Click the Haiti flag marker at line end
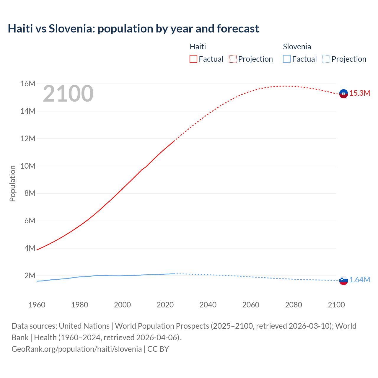pyautogui.click(x=343, y=94)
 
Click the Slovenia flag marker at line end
pyautogui.click(x=343, y=280)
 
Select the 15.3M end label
pyautogui.click(x=360, y=93)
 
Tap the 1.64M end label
pyautogui.click(x=360, y=280)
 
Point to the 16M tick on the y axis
pyautogui.click(x=28, y=84)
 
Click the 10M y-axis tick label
pyautogui.click(x=28, y=166)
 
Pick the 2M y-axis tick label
pyautogui.click(x=30, y=276)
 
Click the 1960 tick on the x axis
pyautogui.click(x=37, y=305)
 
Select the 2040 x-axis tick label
pyautogui.click(x=208, y=305)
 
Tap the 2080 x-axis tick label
pyautogui.click(x=294, y=305)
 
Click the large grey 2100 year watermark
pyautogui.click(x=68, y=94)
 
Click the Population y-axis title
pyautogui.click(x=12, y=183)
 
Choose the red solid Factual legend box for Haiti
pyautogui.click(x=193, y=59)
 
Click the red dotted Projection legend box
pyautogui.click(x=233, y=59)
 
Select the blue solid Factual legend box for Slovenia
pyautogui.click(x=287, y=59)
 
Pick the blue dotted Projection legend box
pyautogui.click(x=326, y=59)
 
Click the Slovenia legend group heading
pyautogui.click(x=297, y=47)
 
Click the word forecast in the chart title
pyautogui.click(x=238, y=29)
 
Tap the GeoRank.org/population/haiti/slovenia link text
pyautogui.click(x=76, y=349)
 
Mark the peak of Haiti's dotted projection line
pyautogui.click(x=283, y=86)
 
